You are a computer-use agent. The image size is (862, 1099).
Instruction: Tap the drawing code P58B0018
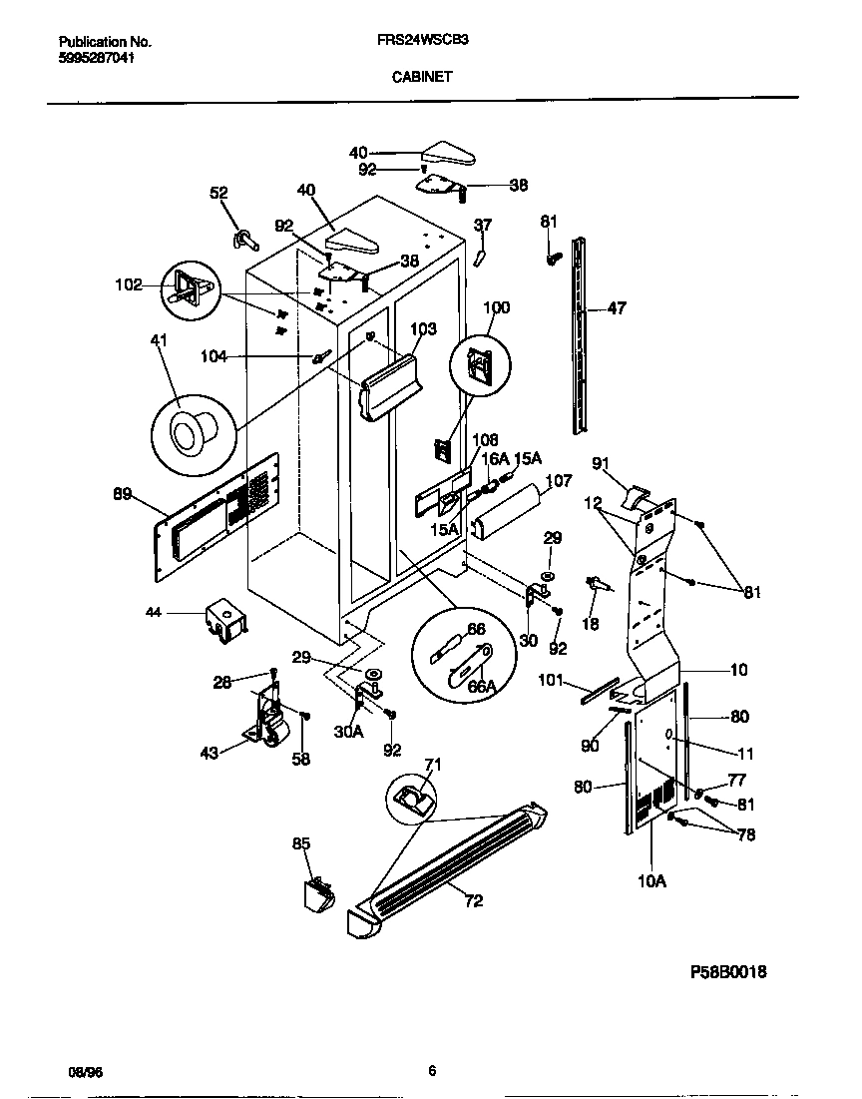click(x=729, y=971)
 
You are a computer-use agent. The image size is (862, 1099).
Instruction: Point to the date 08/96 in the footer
click(x=85, y=1071)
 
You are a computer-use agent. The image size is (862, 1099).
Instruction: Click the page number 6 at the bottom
click(x=431, y=1071)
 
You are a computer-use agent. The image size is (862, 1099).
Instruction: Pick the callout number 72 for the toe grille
click(x=473, y=901)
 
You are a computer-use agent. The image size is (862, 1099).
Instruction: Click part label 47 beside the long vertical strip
click(x=617, y=308)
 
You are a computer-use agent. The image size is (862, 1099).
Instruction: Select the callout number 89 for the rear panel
click(x=124, y=492)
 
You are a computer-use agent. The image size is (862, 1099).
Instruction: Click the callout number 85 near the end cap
click(x=301, y=844)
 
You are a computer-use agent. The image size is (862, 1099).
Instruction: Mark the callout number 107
click(x=559, y=481)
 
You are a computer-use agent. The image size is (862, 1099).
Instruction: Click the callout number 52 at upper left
click(x=218, y=194)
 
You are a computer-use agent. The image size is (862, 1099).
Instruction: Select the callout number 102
click(x=128, y=283)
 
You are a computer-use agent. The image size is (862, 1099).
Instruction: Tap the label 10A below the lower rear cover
click(x=651, y=880)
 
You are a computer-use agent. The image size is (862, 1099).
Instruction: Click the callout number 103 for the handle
click(x=424, y=328)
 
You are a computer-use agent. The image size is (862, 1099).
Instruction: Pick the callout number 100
click(x=497, y=307)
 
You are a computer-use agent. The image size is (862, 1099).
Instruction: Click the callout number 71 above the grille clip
click(x=433, y=765)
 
